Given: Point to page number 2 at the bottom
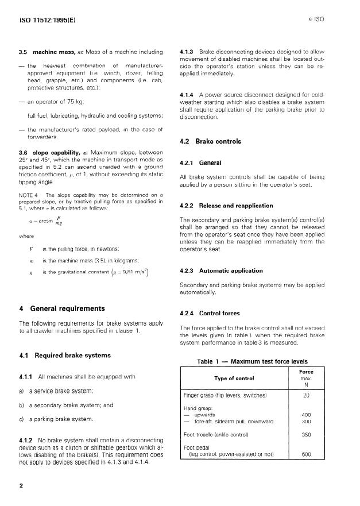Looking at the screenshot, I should pyautogui.click(x=21, y=486).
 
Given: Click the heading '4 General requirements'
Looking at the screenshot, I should pyautogui.click(x=60, y=308).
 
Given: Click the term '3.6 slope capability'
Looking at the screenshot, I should pyautogui.click(x=49, y=152).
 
